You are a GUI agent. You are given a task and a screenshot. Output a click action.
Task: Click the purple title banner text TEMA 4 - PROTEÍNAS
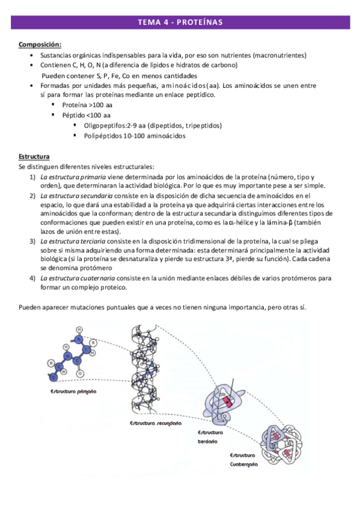(x=180, y=22)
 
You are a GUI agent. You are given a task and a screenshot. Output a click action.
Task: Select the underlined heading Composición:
(x=40, y=45)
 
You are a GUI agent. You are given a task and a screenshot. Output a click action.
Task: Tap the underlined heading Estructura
(x=34, y=157)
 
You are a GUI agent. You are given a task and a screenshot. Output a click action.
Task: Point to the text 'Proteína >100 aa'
(x=87, y=105)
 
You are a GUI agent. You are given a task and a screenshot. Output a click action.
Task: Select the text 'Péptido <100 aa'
(x=86, y=115)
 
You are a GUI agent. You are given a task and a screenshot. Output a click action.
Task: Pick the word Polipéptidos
(x=103, y=136)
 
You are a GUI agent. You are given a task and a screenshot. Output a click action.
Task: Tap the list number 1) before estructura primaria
(x=32, y=177)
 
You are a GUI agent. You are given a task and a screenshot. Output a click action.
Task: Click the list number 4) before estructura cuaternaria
(x=32, y=278)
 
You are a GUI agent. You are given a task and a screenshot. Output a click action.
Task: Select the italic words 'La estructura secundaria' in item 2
(x=76, y=196)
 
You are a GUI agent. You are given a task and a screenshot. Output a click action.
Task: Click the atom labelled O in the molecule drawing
(x=80, y=373)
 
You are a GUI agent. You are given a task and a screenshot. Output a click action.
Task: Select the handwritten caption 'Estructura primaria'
(x=73, y=392)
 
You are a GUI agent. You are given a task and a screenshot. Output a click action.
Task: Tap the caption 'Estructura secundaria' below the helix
(x=156, y=423)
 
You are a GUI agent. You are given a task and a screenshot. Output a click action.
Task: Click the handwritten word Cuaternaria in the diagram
(x=243, y=464)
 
